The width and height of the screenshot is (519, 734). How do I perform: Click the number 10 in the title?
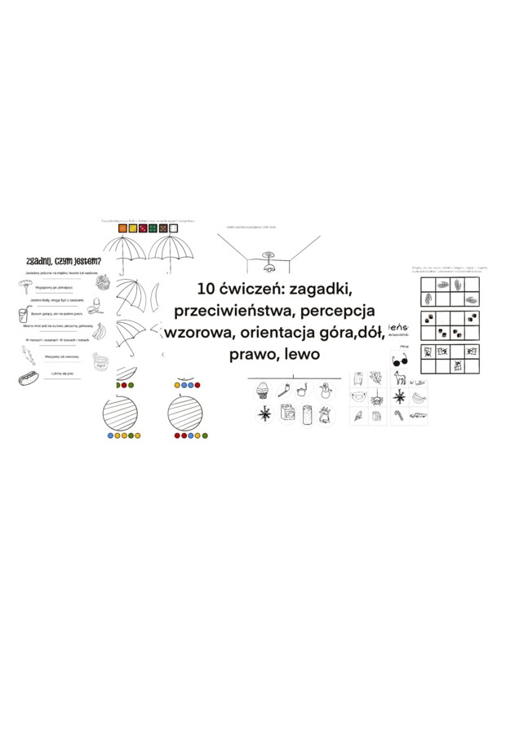(x=205, y=290)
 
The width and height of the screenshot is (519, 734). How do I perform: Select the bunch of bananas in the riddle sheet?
(x=100, y=331)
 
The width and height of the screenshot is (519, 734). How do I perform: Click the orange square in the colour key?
(x=122, y=228)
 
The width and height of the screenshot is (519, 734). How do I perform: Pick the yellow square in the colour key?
(x=132, y=228)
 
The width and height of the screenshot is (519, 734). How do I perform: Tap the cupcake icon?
(x=264, y=391)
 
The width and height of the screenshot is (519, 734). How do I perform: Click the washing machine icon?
(x=286, y=413)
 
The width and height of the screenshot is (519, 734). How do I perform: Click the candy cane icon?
(x=397, y=416)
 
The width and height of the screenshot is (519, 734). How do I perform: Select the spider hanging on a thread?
(x=378, y=398)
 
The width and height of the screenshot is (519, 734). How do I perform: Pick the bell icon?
(x=326, y=414)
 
